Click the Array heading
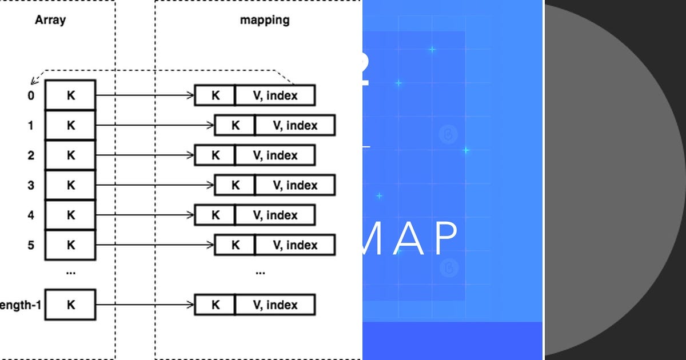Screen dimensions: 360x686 pyautogui.click(x=50, y=20)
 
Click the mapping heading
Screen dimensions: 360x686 pyautogui.click(x=264, y=20)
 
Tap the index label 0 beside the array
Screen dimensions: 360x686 pyautogui.click(x=31, y=95)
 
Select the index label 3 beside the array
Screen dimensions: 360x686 pyautogui.click(x=31, y=185)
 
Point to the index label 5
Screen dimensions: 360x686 pyautogui.click(x=31, y=245)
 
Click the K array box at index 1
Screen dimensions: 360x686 pyautogui.click(x=70, y=125)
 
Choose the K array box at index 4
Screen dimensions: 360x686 pyautogui.click(x=70, y=215)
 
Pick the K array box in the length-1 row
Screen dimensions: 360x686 pyautogui.click(x=70, y=305)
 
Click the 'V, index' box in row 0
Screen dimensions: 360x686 pyautogui.click(x=275, y=95)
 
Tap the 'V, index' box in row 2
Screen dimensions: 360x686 pyautogui.click(x=275, y=155)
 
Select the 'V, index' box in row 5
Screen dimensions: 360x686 pyautogui.click(x=295, y=245)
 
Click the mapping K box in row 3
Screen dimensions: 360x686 pyautogui.click(x=235, y=185)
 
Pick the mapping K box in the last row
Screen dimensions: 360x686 pyautogui.click(x=215, y=305)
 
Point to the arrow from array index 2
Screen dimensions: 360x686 pyautogui.click(x=145, y=155)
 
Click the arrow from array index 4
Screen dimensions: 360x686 pyautogui.click(x=145, y=215)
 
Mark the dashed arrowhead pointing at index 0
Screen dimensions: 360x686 pyautogui.click(x=34, y=81)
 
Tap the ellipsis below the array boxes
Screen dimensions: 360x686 pyautogui.click(x=70, y=273)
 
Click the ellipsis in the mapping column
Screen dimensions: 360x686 pyautogui.click(x=260, y=273)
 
